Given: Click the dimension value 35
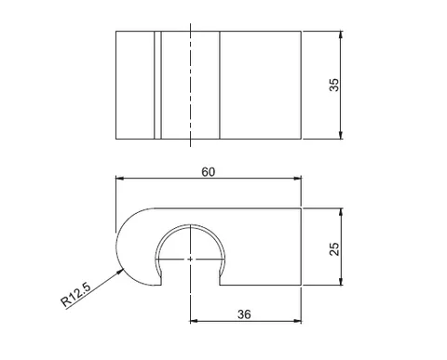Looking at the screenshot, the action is tap(334, 85).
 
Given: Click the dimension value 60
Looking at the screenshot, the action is tap(208, 172).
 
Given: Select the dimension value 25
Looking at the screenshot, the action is tap(334, 249).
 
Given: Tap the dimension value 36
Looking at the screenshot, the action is tap(244, 314).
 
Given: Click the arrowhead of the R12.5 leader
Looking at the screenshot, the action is tap(120, 273).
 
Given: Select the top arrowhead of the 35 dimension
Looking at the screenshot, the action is tap(341, 34).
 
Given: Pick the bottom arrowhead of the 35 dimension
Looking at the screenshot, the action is tap(341, 135).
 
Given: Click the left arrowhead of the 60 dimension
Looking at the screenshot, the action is tap(120, 179).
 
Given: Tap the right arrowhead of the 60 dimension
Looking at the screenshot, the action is tap(297, 179).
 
